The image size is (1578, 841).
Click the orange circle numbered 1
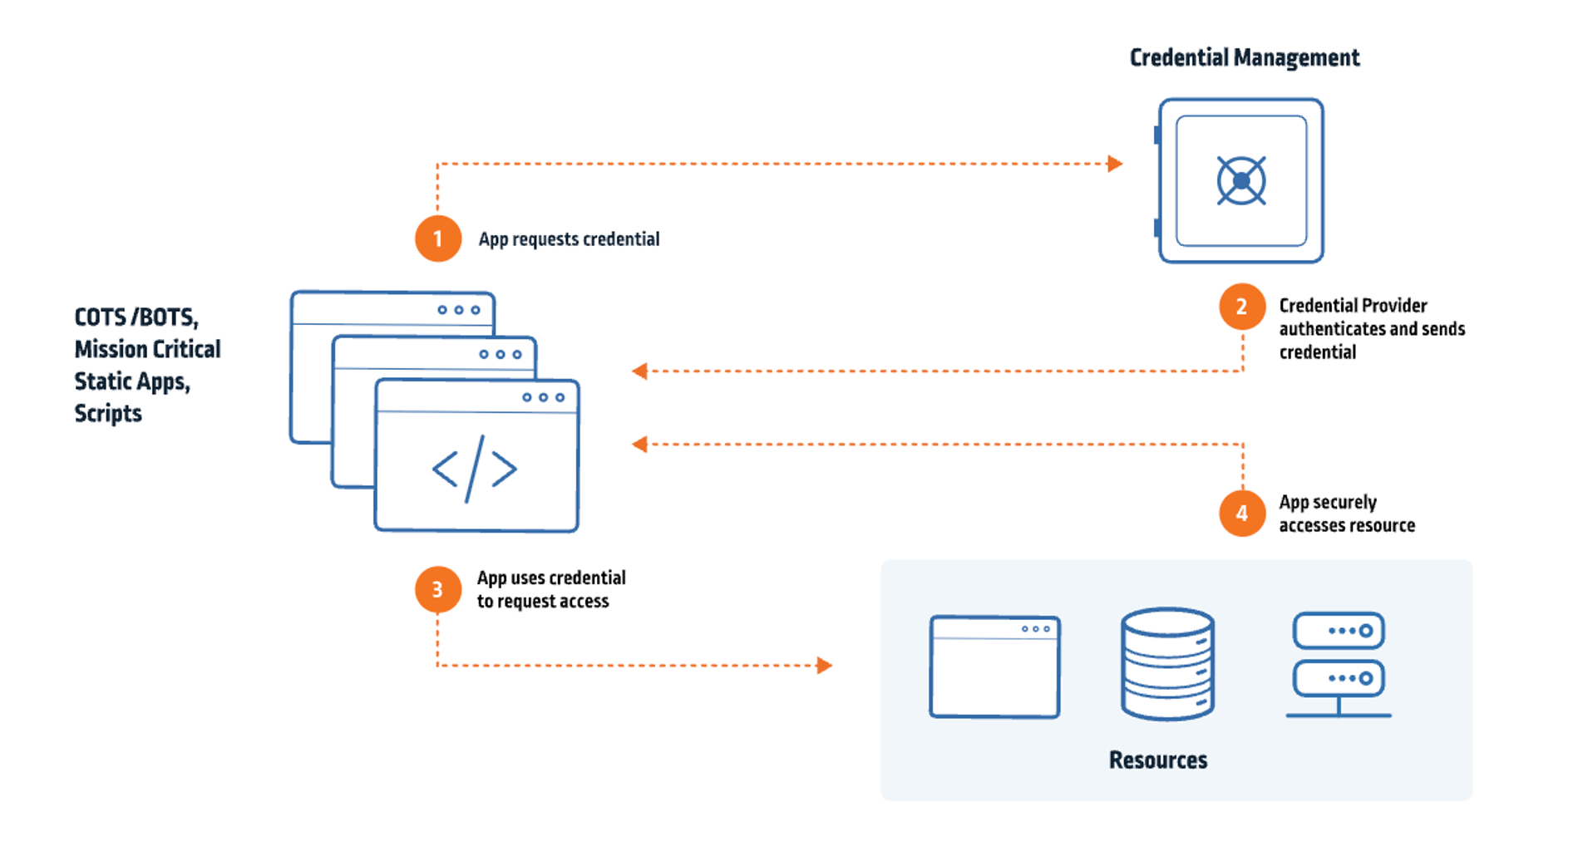click(x=438, y=239)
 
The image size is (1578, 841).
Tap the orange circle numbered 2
click(x=1242, y=307)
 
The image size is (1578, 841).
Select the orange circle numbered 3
click(x=438, y=589)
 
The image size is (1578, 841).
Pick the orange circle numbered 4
click(x=1242, y=513)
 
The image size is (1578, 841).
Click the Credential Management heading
click(x=1244, y=57)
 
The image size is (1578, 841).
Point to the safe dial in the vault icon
click(x=1241, y=180)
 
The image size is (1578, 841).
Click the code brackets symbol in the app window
click(x=475, y=469)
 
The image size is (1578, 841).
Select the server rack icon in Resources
click(x=1339, y=664)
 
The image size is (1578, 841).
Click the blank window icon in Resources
click(x=994, y=666)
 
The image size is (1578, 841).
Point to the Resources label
click(x=1157, y=760)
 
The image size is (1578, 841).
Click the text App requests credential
click(x=569, y=239)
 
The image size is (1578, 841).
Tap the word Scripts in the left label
click(x=108, y=413)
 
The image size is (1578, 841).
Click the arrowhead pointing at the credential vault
click(x=1115, y=164)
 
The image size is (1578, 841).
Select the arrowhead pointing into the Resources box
click(x=824, y=665)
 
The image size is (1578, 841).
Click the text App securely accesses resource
click(x=1346, y=514)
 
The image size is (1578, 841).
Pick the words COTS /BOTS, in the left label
click(x=136, y=317)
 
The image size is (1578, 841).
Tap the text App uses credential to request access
click(x=550, y=589)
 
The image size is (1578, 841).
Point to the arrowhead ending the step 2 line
click(x=639, y=371)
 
